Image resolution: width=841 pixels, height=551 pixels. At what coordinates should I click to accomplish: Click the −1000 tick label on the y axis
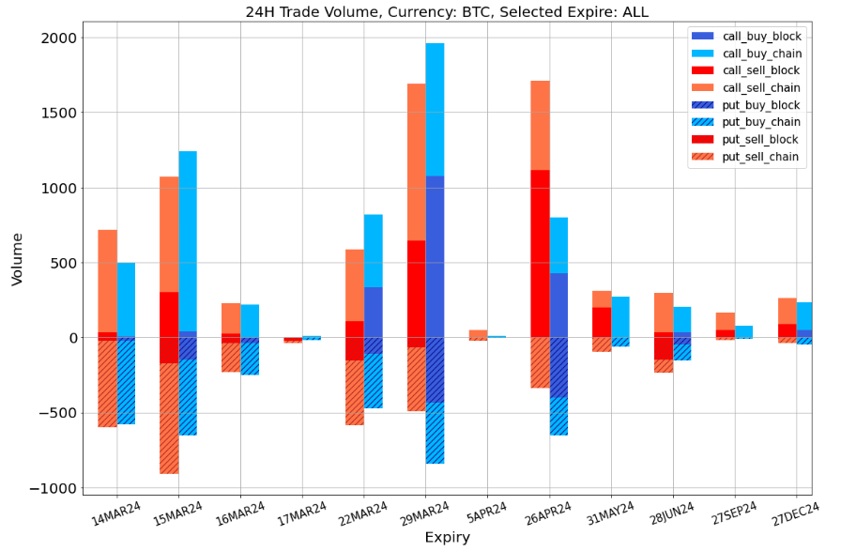(x=53, y=488)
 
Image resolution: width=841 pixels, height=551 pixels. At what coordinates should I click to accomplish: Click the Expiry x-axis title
(x=447, y=538)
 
